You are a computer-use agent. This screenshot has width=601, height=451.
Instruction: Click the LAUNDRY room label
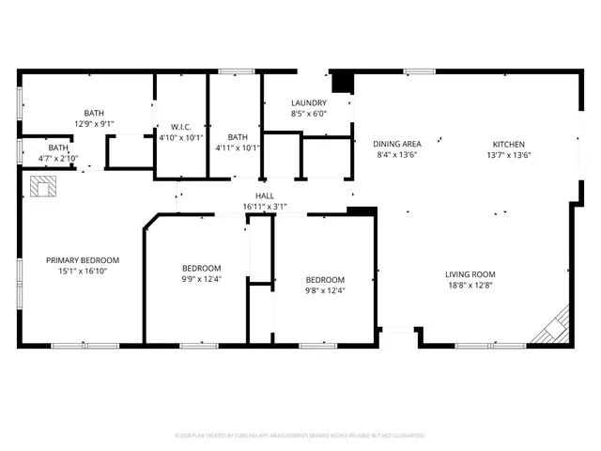[x=309, y=103]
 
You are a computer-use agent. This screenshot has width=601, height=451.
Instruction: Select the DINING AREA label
[x=397, y=144]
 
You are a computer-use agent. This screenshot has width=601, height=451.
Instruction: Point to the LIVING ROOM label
[x=470, y=274]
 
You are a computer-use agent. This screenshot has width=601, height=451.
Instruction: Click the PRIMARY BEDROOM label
[x=83, y=259]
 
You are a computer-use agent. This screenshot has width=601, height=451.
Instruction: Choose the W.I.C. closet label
[x=181, y=126]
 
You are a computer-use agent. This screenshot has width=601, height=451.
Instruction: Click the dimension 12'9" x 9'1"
[x=94, y=123]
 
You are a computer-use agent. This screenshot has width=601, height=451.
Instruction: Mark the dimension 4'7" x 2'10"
[x=58, y=158]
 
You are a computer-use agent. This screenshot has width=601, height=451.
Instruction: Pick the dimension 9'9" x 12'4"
[x=202, y=278]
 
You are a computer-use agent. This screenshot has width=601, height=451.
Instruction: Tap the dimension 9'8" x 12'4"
[x=325, y=290]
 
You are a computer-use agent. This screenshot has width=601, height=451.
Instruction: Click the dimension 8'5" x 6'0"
[x=309, y=114]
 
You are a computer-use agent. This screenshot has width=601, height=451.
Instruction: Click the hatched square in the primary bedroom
[x=43, y=188]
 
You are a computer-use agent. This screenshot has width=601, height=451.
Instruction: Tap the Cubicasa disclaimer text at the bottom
[x=300, y=436]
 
